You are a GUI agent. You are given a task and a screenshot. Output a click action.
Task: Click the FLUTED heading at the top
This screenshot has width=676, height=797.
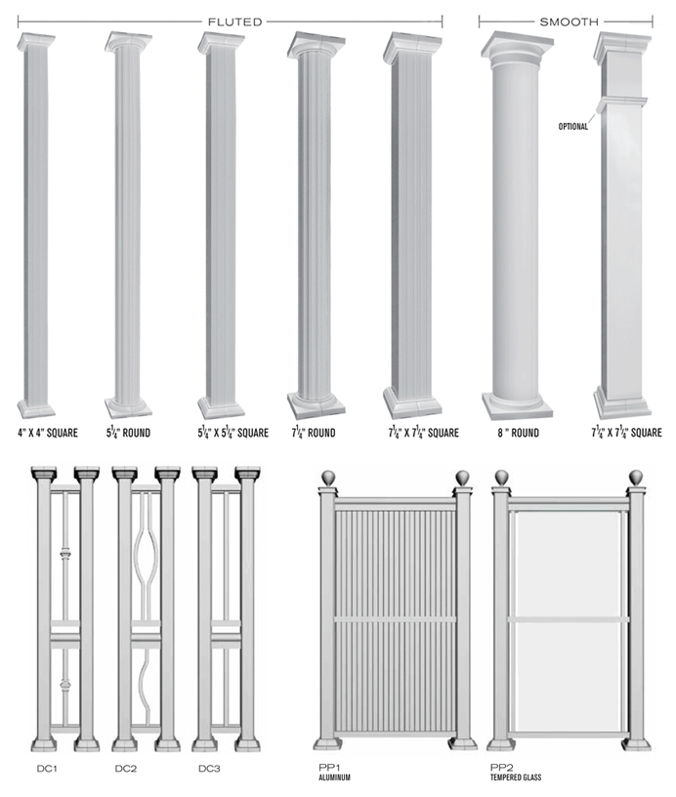coord(235,21)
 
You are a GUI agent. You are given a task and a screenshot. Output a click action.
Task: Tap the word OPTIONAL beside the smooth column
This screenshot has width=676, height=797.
coord(573,126)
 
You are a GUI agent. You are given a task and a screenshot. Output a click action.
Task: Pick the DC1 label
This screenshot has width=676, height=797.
coord(48,769)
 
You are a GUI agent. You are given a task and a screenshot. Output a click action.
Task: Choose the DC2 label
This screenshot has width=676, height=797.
coord(125,769)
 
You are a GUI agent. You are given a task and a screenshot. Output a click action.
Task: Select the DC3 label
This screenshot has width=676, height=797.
coord(209,769)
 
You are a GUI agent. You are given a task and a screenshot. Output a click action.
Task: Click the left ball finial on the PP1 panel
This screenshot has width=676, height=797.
coord(330,478)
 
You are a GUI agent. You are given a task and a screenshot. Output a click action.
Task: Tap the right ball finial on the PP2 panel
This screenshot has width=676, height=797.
coord(636,478)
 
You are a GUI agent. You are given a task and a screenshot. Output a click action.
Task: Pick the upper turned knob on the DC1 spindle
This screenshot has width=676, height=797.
coord(65,557)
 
